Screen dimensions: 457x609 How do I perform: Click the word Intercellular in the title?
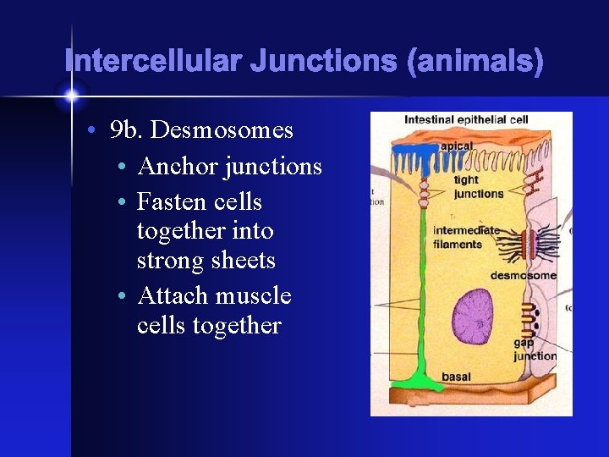point(151,62)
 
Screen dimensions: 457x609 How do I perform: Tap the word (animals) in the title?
point(475,62)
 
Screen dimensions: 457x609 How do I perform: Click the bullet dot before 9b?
point(91,131)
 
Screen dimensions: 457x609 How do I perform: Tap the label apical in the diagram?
point(457,146)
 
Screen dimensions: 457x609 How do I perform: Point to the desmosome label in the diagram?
point(523,275)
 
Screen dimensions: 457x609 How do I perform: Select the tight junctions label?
point(478,186)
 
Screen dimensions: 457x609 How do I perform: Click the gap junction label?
point(535,349)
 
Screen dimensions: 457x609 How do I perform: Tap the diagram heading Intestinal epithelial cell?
point(466,120)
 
